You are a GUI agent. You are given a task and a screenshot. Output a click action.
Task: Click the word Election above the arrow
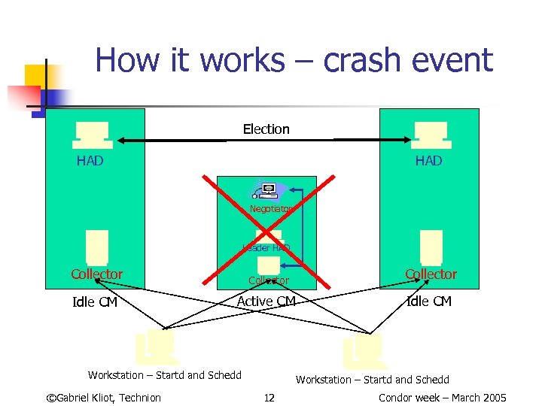[x=266, y=129]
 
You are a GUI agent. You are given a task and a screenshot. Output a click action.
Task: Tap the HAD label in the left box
[x=90, y=161]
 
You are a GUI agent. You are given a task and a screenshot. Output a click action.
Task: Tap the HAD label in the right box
[x=428, y=161]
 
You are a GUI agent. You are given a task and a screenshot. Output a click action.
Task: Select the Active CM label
[x=266, y=301]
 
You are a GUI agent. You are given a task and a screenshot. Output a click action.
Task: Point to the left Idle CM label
[x=95, y=302]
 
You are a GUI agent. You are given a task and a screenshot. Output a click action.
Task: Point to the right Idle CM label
[x=428, y=301]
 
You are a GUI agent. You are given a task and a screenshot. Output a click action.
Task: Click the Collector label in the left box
[x=96, y=274]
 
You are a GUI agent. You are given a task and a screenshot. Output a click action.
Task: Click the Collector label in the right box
[x=431, y=274]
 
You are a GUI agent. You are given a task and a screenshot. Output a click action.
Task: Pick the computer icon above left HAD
[x=93, y=135]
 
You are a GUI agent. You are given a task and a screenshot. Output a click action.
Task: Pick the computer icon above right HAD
[x=431, y=135]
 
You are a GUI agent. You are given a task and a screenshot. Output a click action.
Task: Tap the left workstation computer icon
[x=157, y=347]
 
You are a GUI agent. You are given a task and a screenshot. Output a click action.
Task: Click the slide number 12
[x=269, y=398]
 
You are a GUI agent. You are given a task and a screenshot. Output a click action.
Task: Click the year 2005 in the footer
[x=492, y=398]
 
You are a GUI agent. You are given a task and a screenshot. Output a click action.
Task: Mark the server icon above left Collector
[x=97, y=247]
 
